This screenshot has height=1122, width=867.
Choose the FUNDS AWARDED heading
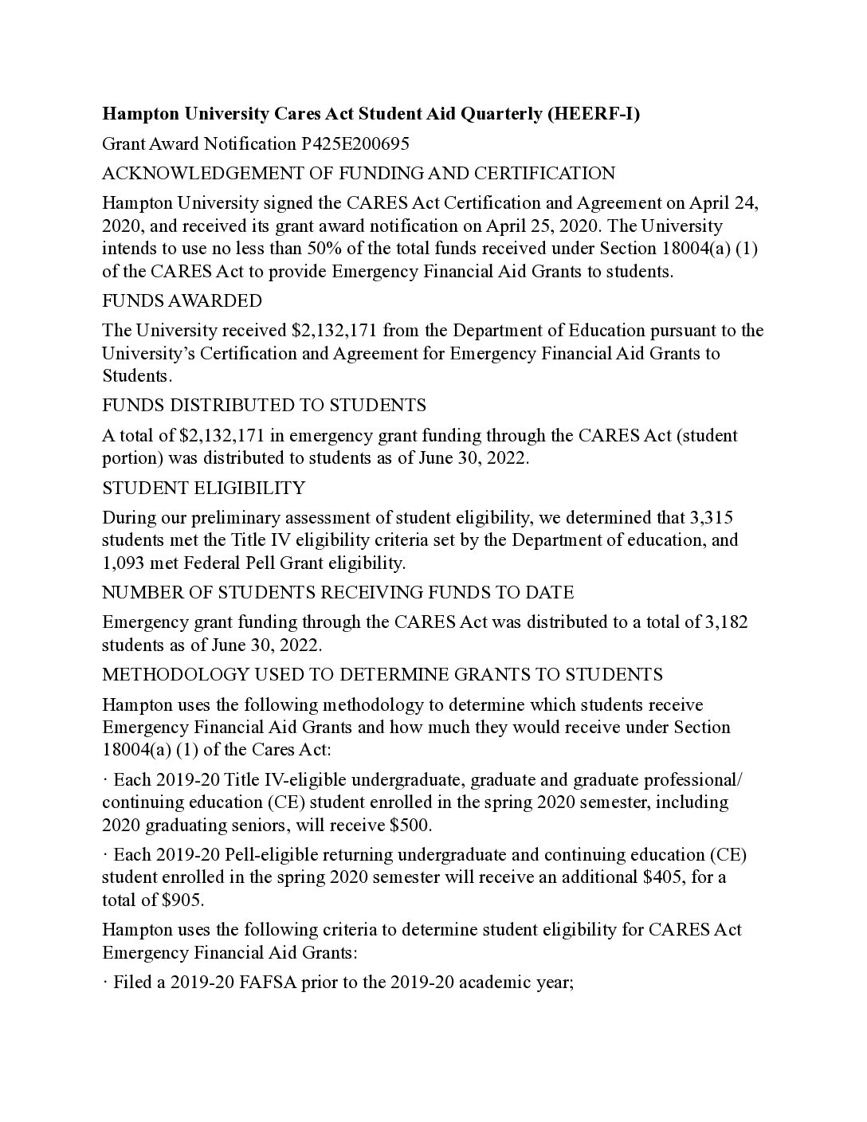point(182,300)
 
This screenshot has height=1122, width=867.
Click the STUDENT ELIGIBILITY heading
point(203,488)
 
